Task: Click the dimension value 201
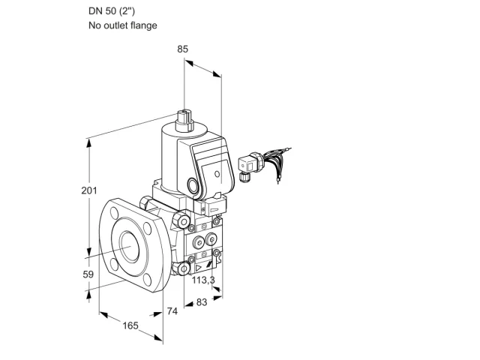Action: (x=89, y=190)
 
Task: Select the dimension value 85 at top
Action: (x=182, y=49)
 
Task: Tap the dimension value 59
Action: (x=88, y=274)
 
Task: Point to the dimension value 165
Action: (x=130, y=325)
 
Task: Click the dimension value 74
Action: (x=172, y=311)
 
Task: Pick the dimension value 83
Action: (x=202, y=302)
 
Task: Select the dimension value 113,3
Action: (x=203, y=280)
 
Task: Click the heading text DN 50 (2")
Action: (x=112, y=11)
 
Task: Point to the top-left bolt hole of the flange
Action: (x=115, y=212)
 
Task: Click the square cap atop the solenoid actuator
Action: (x=184, y=121)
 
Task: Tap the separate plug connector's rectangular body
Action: (x=247, y=165)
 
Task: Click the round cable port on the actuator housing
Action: (x=193, y=185)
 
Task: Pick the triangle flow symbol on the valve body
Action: (x=198, y=268)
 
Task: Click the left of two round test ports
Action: (x=198, y=243)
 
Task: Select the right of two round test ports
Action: (x=211, y=238)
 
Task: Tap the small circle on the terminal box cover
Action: (x=217, y=174)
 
